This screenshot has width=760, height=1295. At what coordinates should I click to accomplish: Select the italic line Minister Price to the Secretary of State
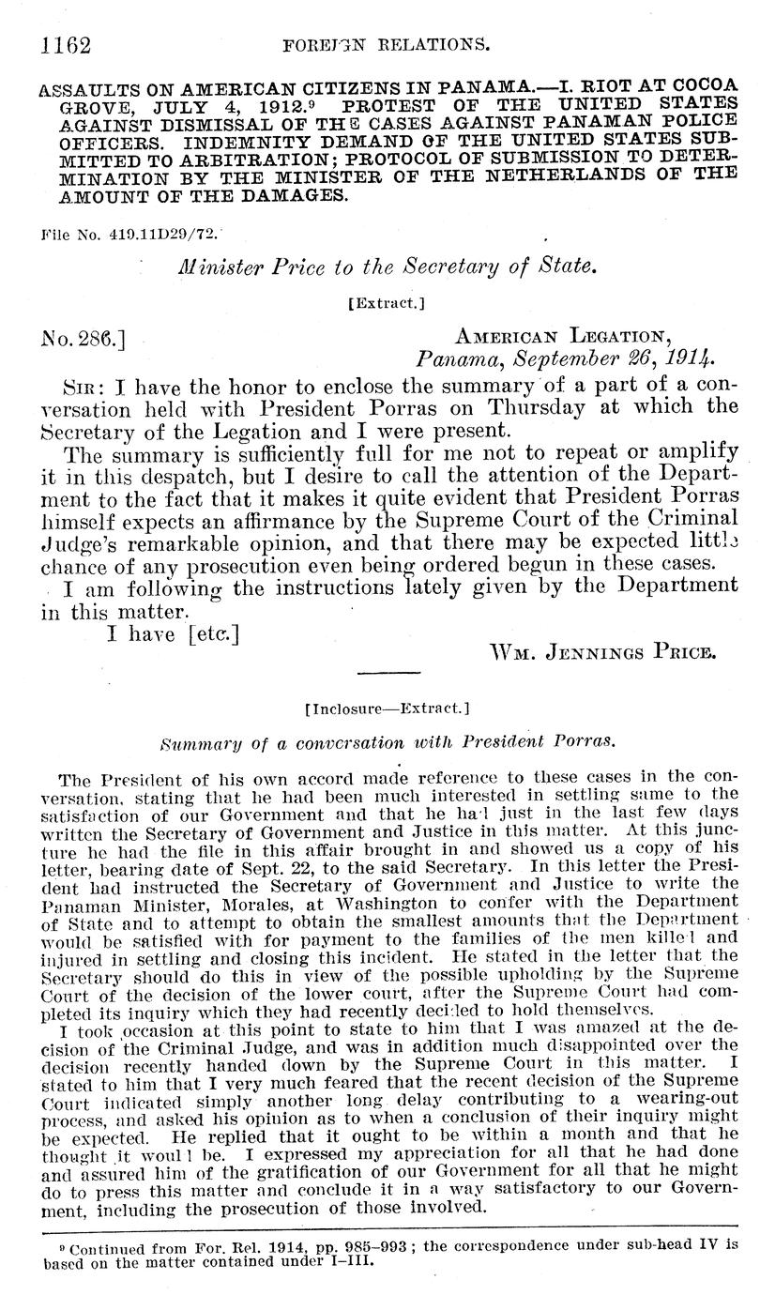(386, 267)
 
